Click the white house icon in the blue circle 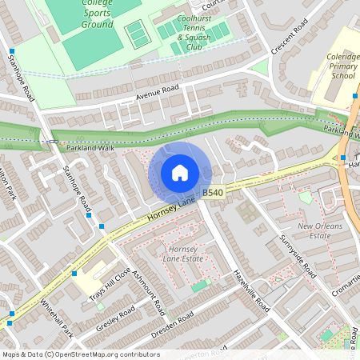point(180,173)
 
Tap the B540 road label point(213,193)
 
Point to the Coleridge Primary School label point(334,67)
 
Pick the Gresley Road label point(117,320)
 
